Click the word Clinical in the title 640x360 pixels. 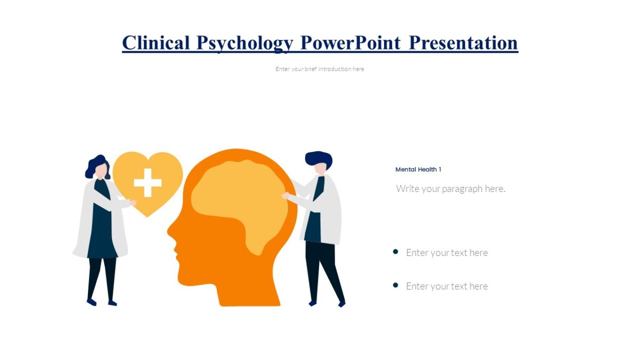pyautogui.click(x=156, y=43)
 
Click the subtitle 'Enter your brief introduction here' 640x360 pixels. pyautogui.click(x=319, y=69)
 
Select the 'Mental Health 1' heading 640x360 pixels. pyautogui.click(x=418, y=170)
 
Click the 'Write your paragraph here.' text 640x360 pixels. pyautogui.click(x=450, y=189)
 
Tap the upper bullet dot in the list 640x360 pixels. pyautogui.click(x=395, y=252)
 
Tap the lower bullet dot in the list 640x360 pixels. pyautogui.click(x=395, y=285)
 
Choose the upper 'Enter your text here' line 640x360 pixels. pyautogui.click(x=446, y=253)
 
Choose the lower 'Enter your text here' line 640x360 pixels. pyautogui.click(x=446, y=286)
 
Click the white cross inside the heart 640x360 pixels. pyautogui.click(x=148, y=183)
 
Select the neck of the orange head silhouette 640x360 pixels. pyautogui.click(x=251, y=288)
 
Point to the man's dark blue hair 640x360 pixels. pyautogui.click(x=318, y=158)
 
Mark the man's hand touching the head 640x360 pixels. pyautogui.click(x=285, y=196)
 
